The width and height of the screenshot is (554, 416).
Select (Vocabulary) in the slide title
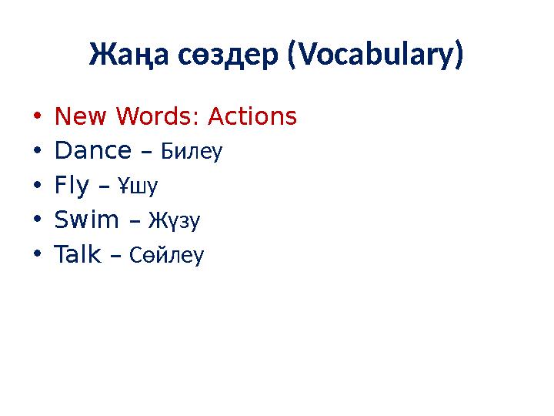(x=375, y=55)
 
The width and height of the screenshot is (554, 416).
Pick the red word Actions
(x=252, y=117)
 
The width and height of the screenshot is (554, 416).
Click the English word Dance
(x=93, y=152)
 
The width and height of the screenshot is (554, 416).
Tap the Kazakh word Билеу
(x=191, y=152)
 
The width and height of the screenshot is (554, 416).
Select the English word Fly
(x=72, y=186)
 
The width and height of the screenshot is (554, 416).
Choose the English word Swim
(x=87, y=220)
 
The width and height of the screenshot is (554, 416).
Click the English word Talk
(x=78, y=254)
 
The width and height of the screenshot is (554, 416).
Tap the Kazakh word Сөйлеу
(x=166, y=255)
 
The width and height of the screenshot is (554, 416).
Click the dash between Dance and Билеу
(x=147, y=153)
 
